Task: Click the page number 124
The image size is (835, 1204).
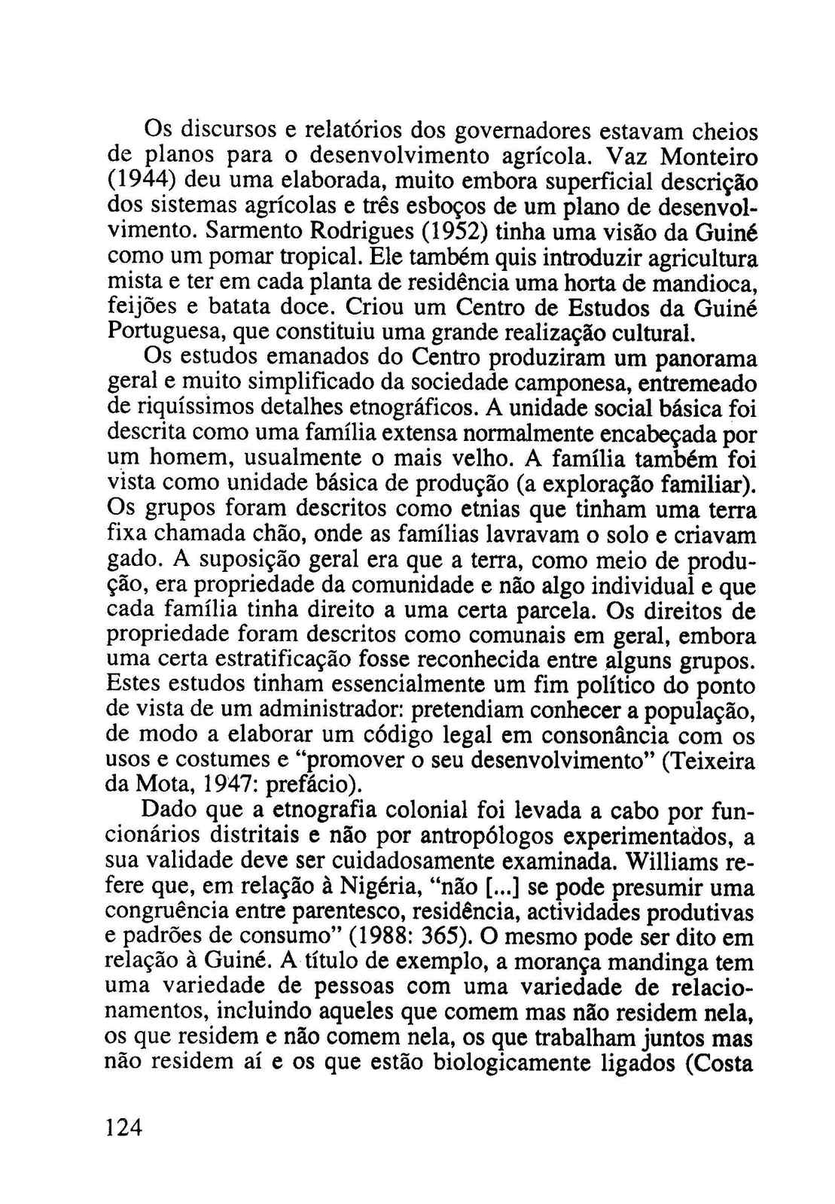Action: [x=124, y=1128]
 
